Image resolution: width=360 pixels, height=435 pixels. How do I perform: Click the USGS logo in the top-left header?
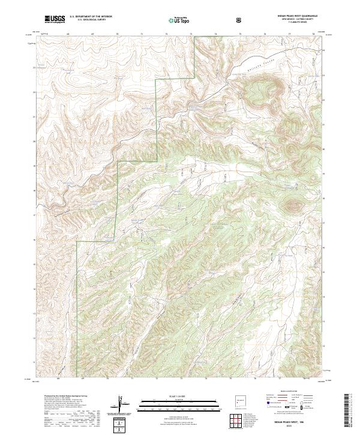[55, 20]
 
